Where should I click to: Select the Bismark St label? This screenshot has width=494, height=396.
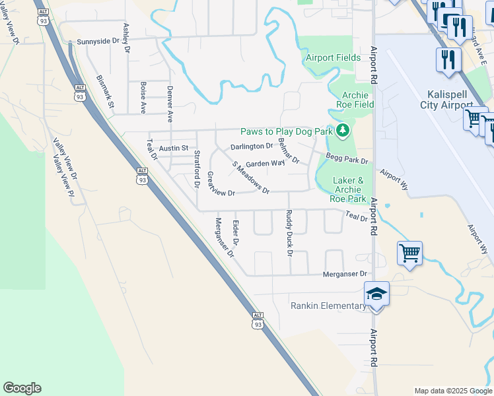coord(105,91)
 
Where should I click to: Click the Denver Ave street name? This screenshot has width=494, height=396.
coord(170,104)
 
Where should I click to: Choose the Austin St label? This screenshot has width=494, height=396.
coord(174,148)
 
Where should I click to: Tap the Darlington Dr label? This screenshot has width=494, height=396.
coord(251,146)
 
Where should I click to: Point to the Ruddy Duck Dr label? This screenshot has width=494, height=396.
coord(289,232)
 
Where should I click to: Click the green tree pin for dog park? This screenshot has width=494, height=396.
coord(342,131)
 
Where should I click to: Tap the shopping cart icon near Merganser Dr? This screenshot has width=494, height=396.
coord(409,252)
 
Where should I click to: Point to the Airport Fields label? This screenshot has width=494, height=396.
coord(333,57)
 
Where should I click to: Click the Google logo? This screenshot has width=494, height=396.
coord(22,388)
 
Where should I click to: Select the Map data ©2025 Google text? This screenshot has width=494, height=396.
coord(453,391)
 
